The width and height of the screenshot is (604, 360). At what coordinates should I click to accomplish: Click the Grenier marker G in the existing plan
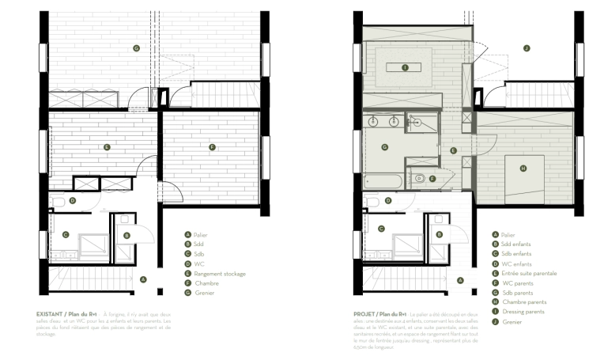pos(136,48)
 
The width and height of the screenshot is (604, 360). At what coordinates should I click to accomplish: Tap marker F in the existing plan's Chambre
pos(211,147)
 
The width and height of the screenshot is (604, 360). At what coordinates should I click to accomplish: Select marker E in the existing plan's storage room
pos(107,147)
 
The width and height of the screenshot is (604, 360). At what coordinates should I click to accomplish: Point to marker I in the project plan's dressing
pos(405,68)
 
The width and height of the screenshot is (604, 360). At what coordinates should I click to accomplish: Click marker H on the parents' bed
pos(523,168)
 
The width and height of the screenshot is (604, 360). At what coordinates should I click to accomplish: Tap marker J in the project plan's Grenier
pos(526,48)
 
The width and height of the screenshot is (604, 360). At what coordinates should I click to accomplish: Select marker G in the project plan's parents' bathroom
pos(385,146)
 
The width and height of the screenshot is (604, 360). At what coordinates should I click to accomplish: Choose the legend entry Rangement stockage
pos(220,274)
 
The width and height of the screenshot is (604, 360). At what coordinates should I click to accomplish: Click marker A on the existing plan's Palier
pos(142,279)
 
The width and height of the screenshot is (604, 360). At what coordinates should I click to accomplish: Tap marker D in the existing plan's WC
pos(72,201)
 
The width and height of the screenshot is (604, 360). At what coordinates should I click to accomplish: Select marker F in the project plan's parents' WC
pos(432,179)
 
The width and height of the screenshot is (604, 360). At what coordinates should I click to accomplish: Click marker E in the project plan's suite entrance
pos(453,150)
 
